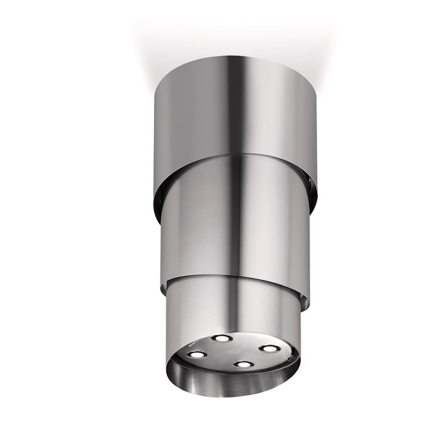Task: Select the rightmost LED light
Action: [x=268, y=348]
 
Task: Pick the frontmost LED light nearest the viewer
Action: [x=240, y=364]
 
